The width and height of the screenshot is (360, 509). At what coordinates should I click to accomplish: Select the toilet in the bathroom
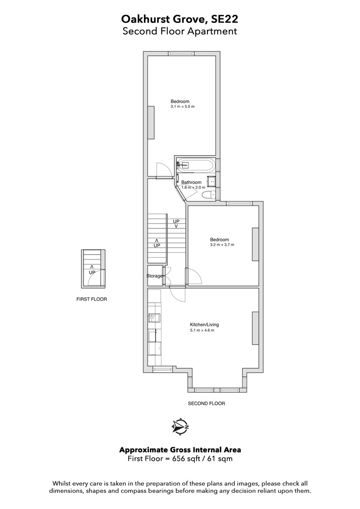click(208, 195)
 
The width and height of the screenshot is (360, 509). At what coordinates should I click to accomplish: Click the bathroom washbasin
click(211, 180)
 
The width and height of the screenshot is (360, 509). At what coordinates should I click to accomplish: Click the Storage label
click(155, 276)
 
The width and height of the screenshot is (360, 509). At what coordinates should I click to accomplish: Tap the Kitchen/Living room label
click(204, 324)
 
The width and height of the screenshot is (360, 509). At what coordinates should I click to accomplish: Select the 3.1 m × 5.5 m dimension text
click(183, 107)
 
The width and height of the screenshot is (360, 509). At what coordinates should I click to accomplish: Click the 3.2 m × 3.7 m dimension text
click(222, 245)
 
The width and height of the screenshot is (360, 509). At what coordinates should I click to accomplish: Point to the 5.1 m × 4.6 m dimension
click(202, 330)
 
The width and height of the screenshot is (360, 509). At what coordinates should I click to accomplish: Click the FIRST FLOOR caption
click(92, 299)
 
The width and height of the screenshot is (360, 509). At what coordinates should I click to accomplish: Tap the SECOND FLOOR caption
click(206, 403)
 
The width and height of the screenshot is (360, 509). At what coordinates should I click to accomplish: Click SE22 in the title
click(225, 19)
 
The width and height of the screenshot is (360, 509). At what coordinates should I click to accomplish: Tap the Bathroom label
click(191, 183)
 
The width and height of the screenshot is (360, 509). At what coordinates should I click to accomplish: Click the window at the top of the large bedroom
click(181, 54)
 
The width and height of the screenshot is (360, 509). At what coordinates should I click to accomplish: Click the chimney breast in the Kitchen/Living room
click(256, 328)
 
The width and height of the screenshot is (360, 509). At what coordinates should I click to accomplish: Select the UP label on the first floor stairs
click(92, 272)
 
